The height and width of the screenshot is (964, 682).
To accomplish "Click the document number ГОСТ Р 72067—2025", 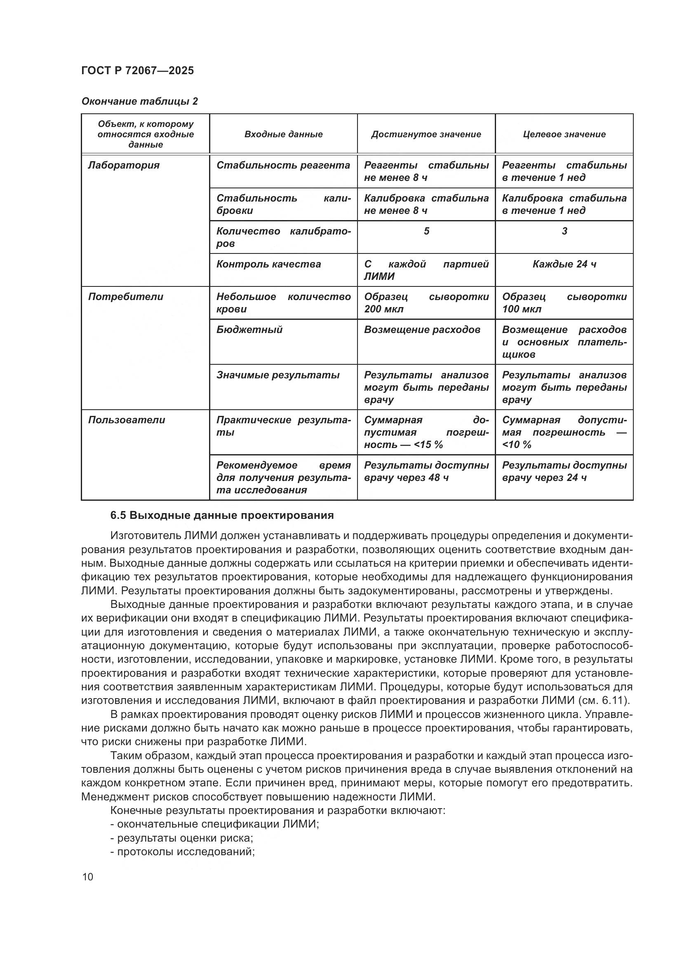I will click(x=137, y=70).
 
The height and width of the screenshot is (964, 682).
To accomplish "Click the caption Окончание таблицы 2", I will click(x=139, y=101).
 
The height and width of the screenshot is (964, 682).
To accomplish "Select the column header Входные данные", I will click(x=283, y=134).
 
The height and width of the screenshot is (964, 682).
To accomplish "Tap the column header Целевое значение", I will click(x=564, y=134).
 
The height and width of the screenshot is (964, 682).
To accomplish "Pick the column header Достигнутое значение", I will click(x=426, y=134).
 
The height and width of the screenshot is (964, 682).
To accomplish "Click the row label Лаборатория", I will click(x=124, y=165).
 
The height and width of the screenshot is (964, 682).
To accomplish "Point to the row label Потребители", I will click(x=126, y=297).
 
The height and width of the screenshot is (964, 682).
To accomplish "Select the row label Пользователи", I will click(x=127, y=420).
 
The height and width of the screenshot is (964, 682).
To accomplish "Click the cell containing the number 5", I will click(x=426, y=231).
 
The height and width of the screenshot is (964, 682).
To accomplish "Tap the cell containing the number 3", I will click(x=564, y=231).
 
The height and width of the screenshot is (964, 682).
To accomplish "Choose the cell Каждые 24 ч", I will click(x=564, y=264).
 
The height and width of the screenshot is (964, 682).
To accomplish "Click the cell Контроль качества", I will click(x=268, y=264).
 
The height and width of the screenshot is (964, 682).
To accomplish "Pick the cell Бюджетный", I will click(x=249, y=330).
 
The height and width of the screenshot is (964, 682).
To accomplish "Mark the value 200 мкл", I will click(x=383, y=310).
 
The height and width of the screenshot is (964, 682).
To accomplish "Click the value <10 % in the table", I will click(x=517, y=445).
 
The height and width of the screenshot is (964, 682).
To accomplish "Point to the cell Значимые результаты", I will click(x=278, y=375).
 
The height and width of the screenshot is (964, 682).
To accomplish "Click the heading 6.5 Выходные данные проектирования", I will click(x=222, y=515).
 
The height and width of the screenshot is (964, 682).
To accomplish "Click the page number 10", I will click(x=88, y=877).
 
